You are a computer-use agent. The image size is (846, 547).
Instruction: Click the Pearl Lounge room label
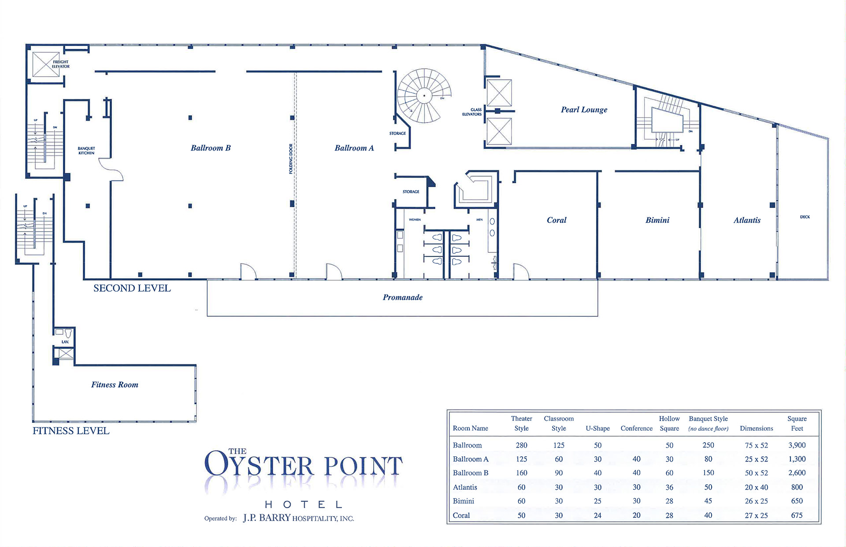584,110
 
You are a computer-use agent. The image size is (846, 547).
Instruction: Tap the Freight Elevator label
61,64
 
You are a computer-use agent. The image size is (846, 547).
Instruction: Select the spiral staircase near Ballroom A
424,96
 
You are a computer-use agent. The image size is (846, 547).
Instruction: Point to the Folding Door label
291,159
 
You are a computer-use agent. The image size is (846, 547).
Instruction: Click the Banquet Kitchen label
86,151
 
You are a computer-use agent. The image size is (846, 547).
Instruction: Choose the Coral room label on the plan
557,220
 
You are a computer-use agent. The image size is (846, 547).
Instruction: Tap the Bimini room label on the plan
657,220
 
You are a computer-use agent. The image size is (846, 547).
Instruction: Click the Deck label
805,217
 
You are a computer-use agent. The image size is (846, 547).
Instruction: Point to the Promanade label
403,297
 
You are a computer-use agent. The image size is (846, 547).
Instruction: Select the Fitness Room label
115,384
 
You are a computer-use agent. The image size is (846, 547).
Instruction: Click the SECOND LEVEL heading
132,288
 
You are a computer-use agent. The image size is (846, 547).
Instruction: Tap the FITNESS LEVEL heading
71,431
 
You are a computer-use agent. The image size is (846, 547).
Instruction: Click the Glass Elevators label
472,112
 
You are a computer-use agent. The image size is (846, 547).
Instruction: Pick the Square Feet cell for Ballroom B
797,473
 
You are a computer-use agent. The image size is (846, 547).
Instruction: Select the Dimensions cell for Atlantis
757,487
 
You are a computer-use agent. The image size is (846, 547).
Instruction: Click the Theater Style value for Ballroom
521,445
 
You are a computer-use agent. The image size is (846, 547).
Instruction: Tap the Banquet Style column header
708,423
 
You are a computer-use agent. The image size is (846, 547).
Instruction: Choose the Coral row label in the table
461,515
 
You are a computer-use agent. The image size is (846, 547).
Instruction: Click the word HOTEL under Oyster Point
303,504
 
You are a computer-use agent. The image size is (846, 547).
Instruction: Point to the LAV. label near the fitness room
65,342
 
